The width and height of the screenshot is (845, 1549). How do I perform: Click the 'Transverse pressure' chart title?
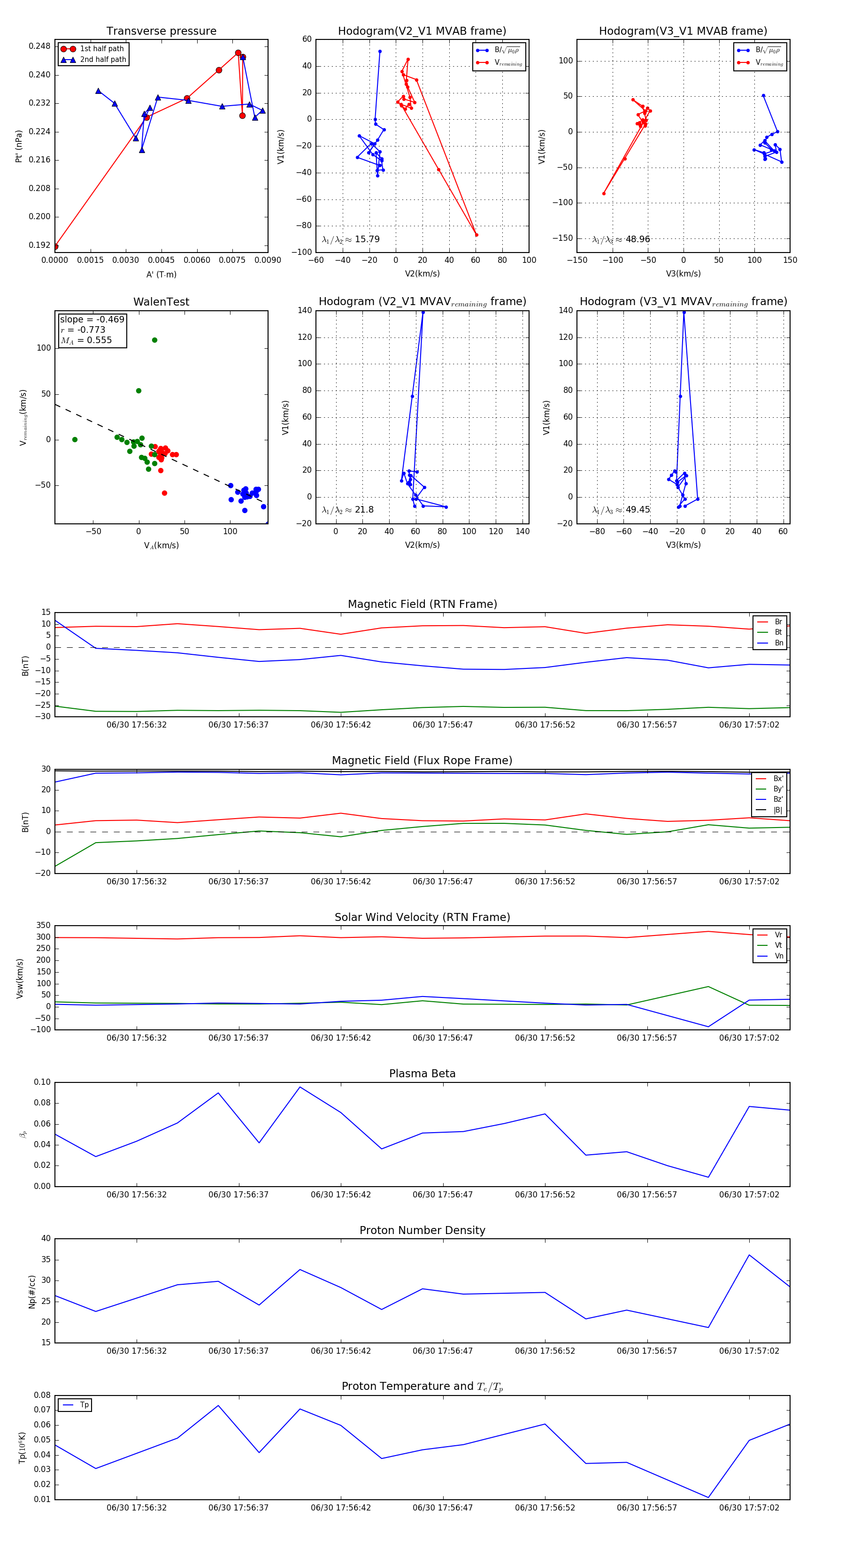(161, 31)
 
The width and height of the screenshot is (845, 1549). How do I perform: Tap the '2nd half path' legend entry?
(103, 60)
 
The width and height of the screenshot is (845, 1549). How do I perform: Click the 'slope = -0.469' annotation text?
(92, 319)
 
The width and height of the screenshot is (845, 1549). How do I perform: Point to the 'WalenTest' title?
(161, 302)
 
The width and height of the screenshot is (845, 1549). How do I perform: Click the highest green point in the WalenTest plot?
(154, 340)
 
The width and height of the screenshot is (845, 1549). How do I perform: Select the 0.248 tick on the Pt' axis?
(40, 46)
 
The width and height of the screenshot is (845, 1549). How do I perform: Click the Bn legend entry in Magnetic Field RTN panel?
(778, 643)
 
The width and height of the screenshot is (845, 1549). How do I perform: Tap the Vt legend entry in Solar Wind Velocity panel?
(778, 945)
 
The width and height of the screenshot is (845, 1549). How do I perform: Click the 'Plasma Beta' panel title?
(422, 1074)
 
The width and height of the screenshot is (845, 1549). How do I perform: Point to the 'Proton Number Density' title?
(422, 1230)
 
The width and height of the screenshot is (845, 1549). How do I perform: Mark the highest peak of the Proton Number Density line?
(749, 1255)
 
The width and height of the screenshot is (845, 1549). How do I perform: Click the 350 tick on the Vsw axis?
(43, 926)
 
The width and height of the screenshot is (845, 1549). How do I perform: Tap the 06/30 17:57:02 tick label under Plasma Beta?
(749, 1194)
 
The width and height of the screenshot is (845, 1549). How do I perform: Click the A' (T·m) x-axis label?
(161, 274)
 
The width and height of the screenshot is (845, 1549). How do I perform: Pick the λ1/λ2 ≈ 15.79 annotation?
(351, 239)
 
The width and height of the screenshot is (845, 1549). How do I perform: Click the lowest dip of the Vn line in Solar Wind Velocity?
(708, 1027)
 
